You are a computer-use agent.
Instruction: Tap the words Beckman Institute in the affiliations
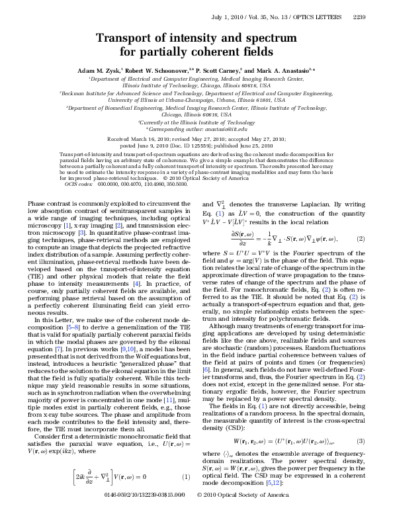pos(66,94)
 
